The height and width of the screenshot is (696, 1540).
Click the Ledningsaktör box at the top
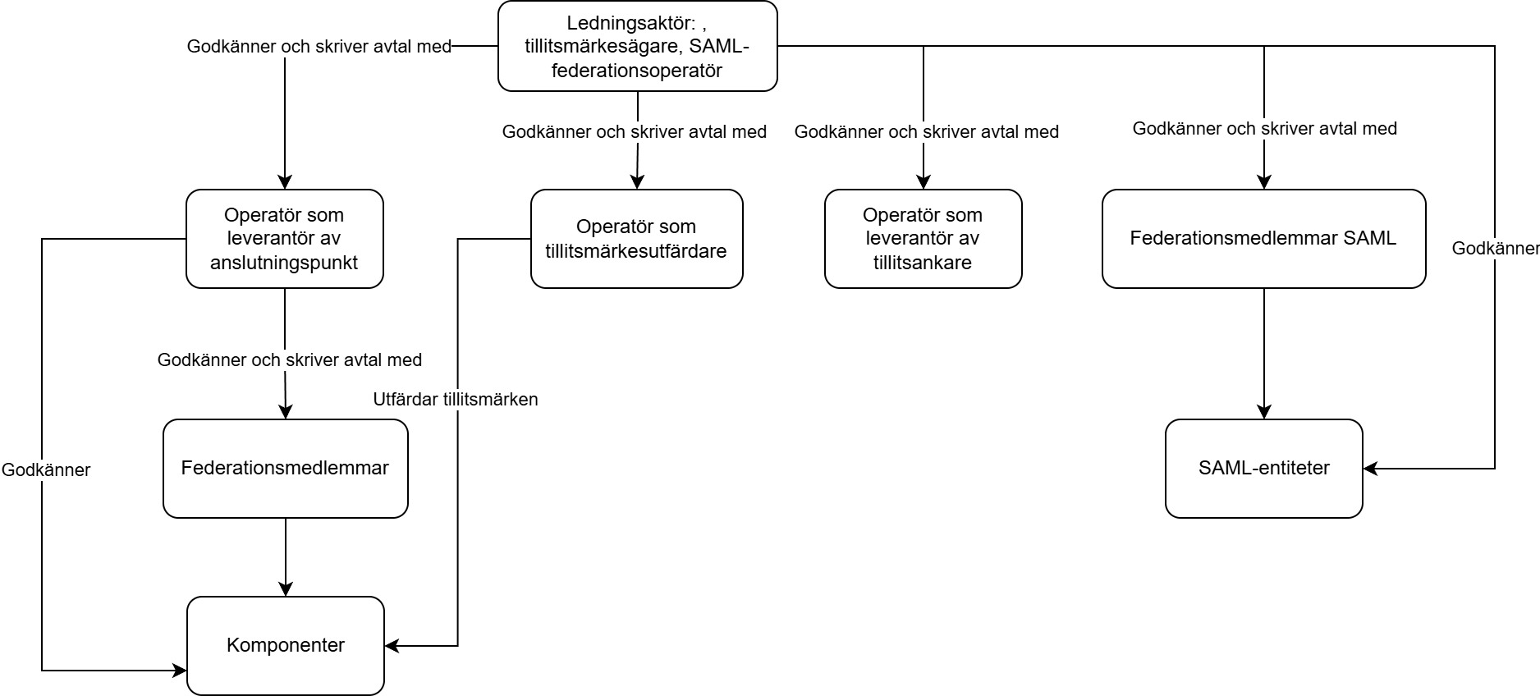click(637, 46)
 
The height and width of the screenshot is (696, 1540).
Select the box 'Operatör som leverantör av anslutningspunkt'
click(285, 239)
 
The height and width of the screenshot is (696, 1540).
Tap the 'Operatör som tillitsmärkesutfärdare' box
click(637, 239)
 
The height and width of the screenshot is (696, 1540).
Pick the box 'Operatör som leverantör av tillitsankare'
click(924, 239)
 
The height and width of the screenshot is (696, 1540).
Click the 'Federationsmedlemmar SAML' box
click(1264, 239)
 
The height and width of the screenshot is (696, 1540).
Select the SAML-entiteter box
click(1264, 469)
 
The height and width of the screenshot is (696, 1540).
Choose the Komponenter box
click(286, 646)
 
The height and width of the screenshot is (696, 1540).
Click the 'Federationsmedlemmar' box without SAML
click(286, 469)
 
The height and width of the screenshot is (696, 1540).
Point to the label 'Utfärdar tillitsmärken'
click(456, 400)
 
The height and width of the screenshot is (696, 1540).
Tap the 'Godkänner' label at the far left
click(46, 470)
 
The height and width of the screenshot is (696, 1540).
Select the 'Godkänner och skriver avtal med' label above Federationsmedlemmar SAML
click(1265, 128)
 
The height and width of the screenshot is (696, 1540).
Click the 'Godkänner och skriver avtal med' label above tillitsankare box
click(927, 131)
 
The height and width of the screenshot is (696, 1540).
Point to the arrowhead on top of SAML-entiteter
click(1264, 412)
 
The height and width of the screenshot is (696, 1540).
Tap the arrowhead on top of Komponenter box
click(286, 589)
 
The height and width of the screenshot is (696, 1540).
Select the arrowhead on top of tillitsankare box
click(924, 182)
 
